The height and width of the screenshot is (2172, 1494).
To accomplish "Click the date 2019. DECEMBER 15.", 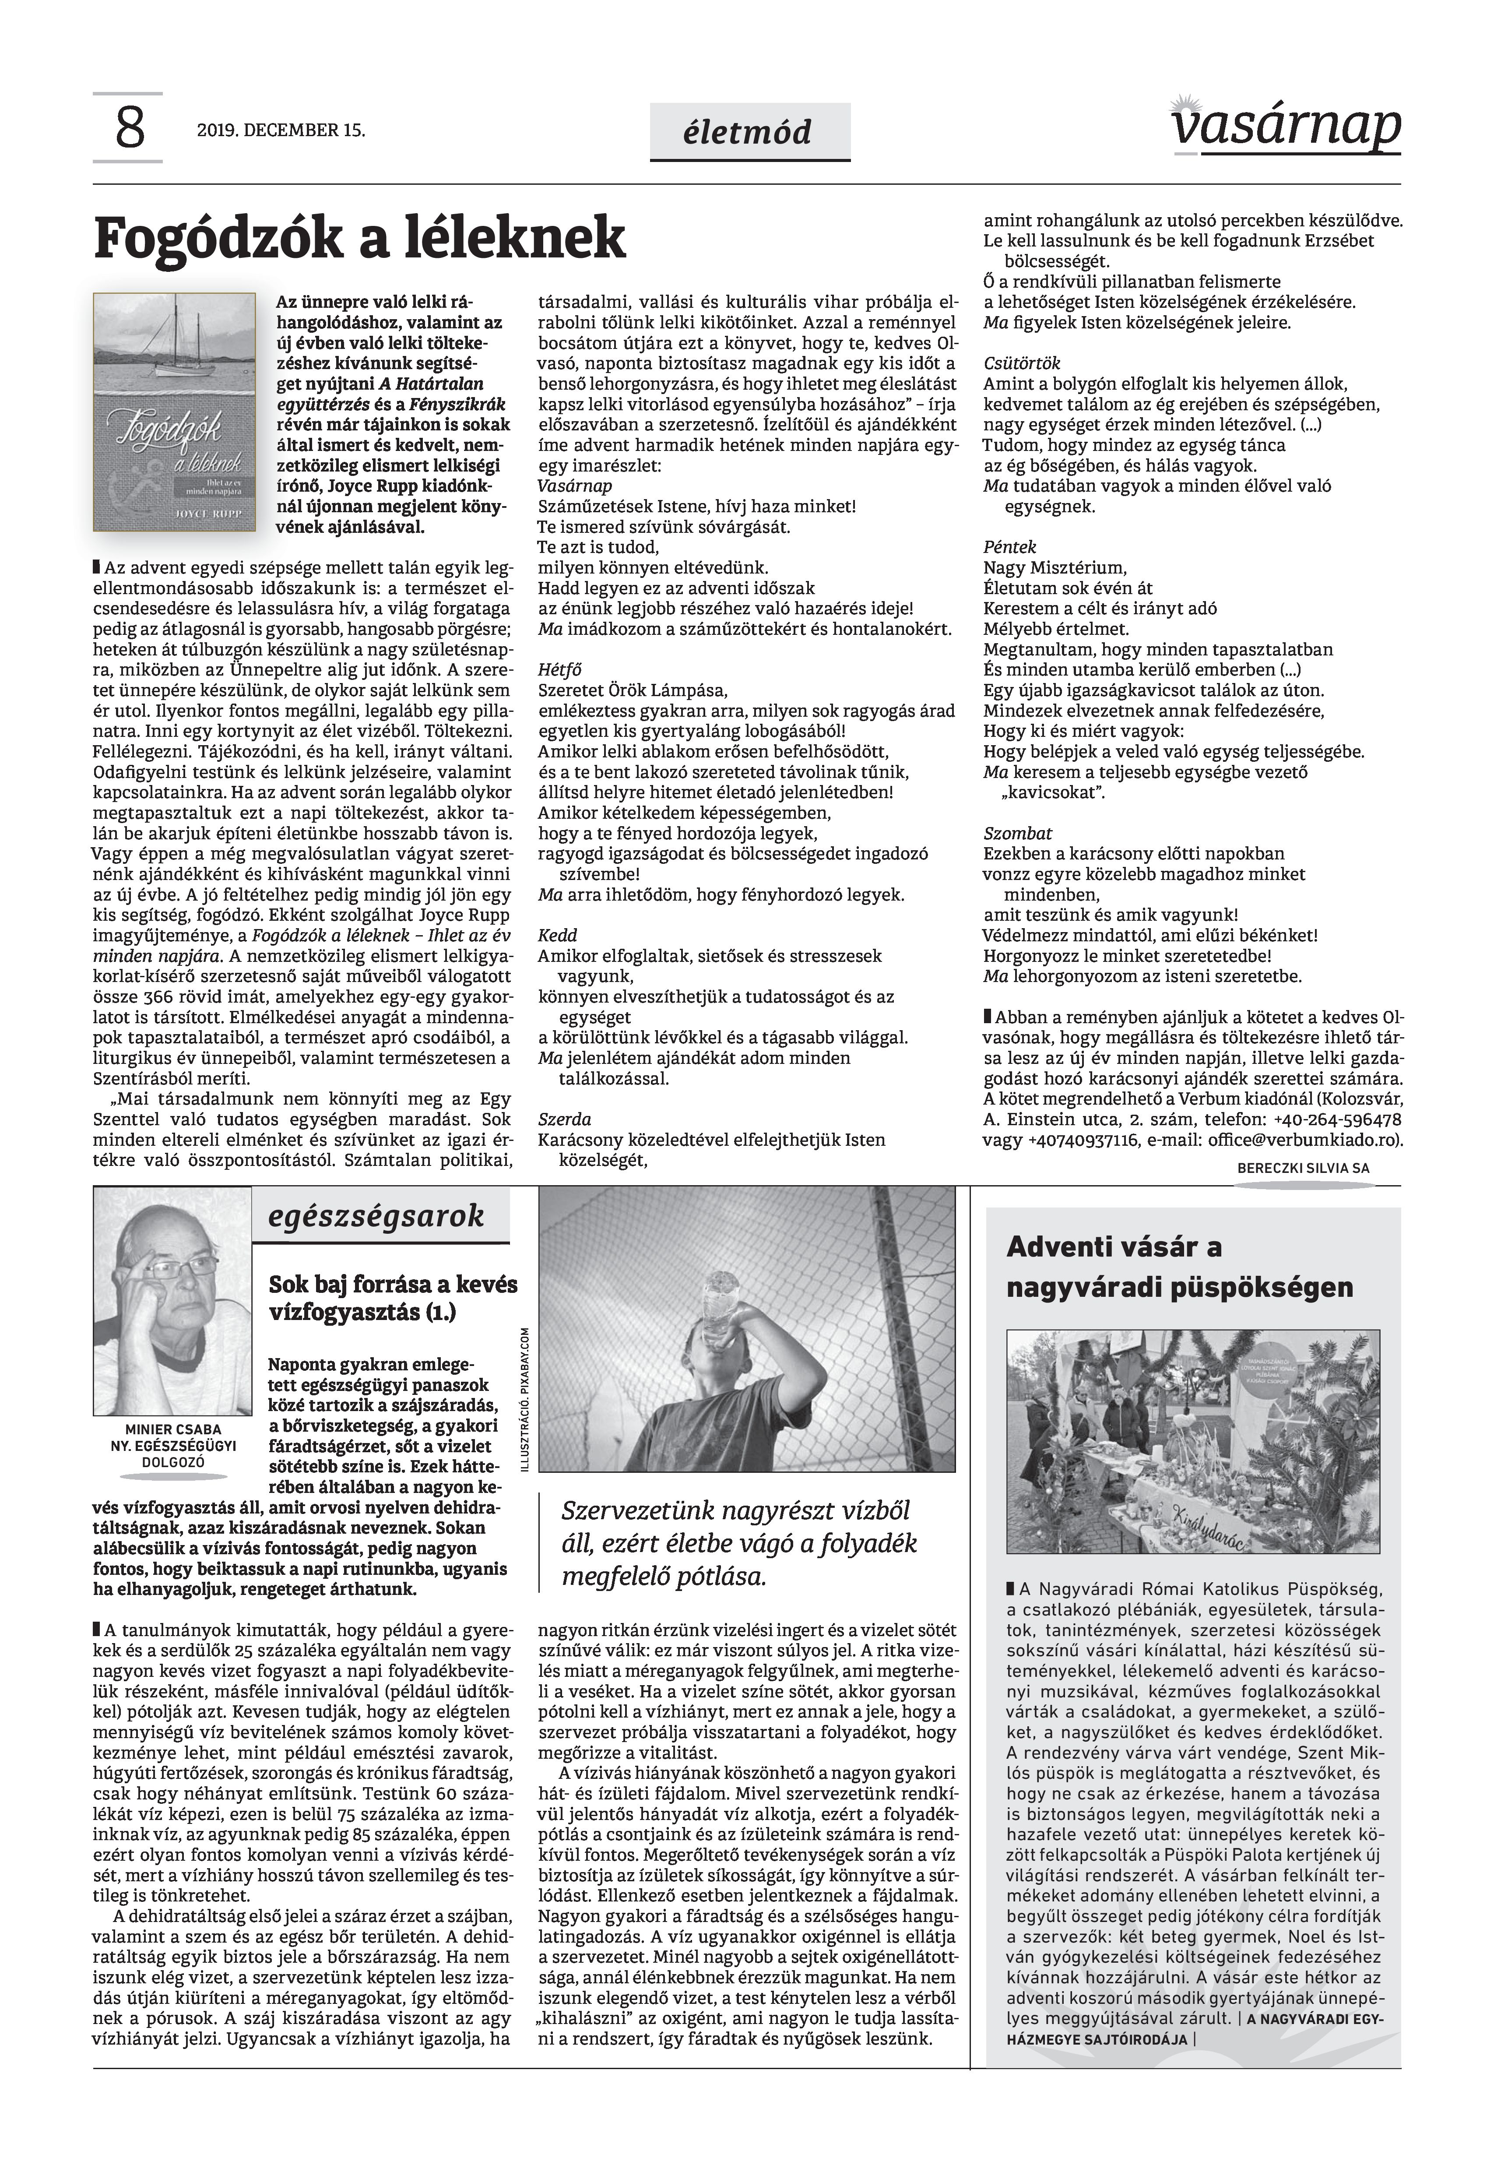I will pos(281,130).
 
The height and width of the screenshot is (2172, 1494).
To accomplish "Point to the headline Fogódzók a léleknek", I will pos(359,238).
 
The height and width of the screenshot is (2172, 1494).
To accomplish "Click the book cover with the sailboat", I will pos(174,412).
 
